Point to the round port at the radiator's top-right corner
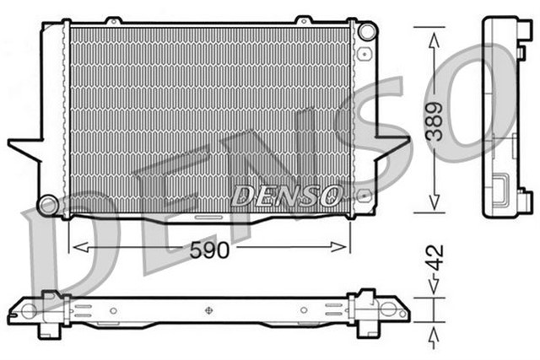coord(365,31)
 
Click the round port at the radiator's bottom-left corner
coord(50,204)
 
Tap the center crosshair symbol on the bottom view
coord(208,310)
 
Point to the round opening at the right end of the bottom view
coord(391,311)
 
